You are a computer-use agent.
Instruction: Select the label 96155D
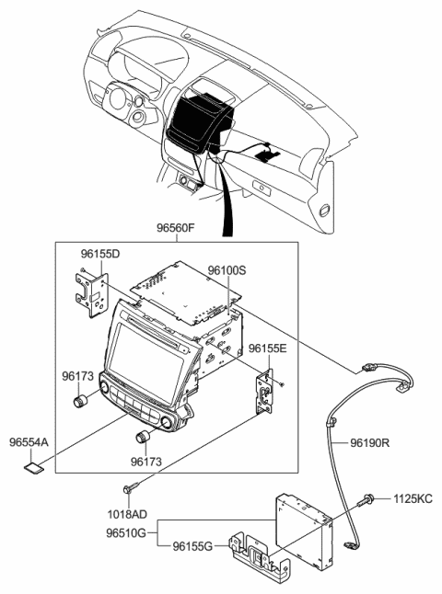pos(99,253)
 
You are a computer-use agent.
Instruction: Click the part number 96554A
pos(29,442)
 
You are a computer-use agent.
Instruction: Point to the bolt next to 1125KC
pos(368,501)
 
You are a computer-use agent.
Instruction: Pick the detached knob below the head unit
pos(144,436)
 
